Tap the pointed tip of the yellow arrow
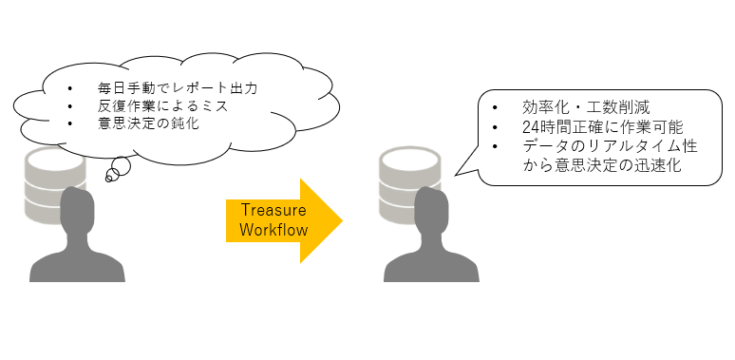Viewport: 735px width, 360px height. (x=341, y=220)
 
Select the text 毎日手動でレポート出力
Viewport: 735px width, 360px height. (x=178, y=88)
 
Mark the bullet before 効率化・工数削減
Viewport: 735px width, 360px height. (x=494, y=106)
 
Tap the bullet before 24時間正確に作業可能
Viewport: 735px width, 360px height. (x=494, y=127)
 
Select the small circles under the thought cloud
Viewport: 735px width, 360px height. (x=117, y=171)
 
